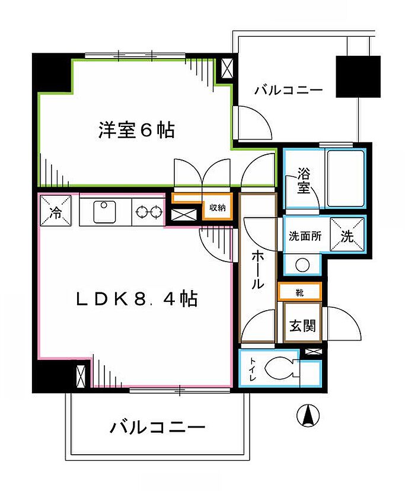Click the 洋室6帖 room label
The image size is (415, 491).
click(x=136, y=130)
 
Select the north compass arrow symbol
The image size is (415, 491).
click(x=308, y=414)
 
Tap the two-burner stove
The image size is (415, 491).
click(x=149, y=212)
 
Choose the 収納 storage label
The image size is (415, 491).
click(x=216, y=208)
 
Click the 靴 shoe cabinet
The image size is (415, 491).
click(x=300, y=292)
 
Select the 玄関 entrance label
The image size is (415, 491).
click(x=302, y=325)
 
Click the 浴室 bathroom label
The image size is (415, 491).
click(x=304, y=181)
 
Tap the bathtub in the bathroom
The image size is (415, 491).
click(x=345, y=178)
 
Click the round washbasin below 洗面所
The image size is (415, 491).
click(x=302, y=264)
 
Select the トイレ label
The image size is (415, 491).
click(x=250, y=370)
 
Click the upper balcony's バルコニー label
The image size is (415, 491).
click(x=289, y=91)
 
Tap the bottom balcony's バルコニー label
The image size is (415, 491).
click(x=157, y=427)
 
